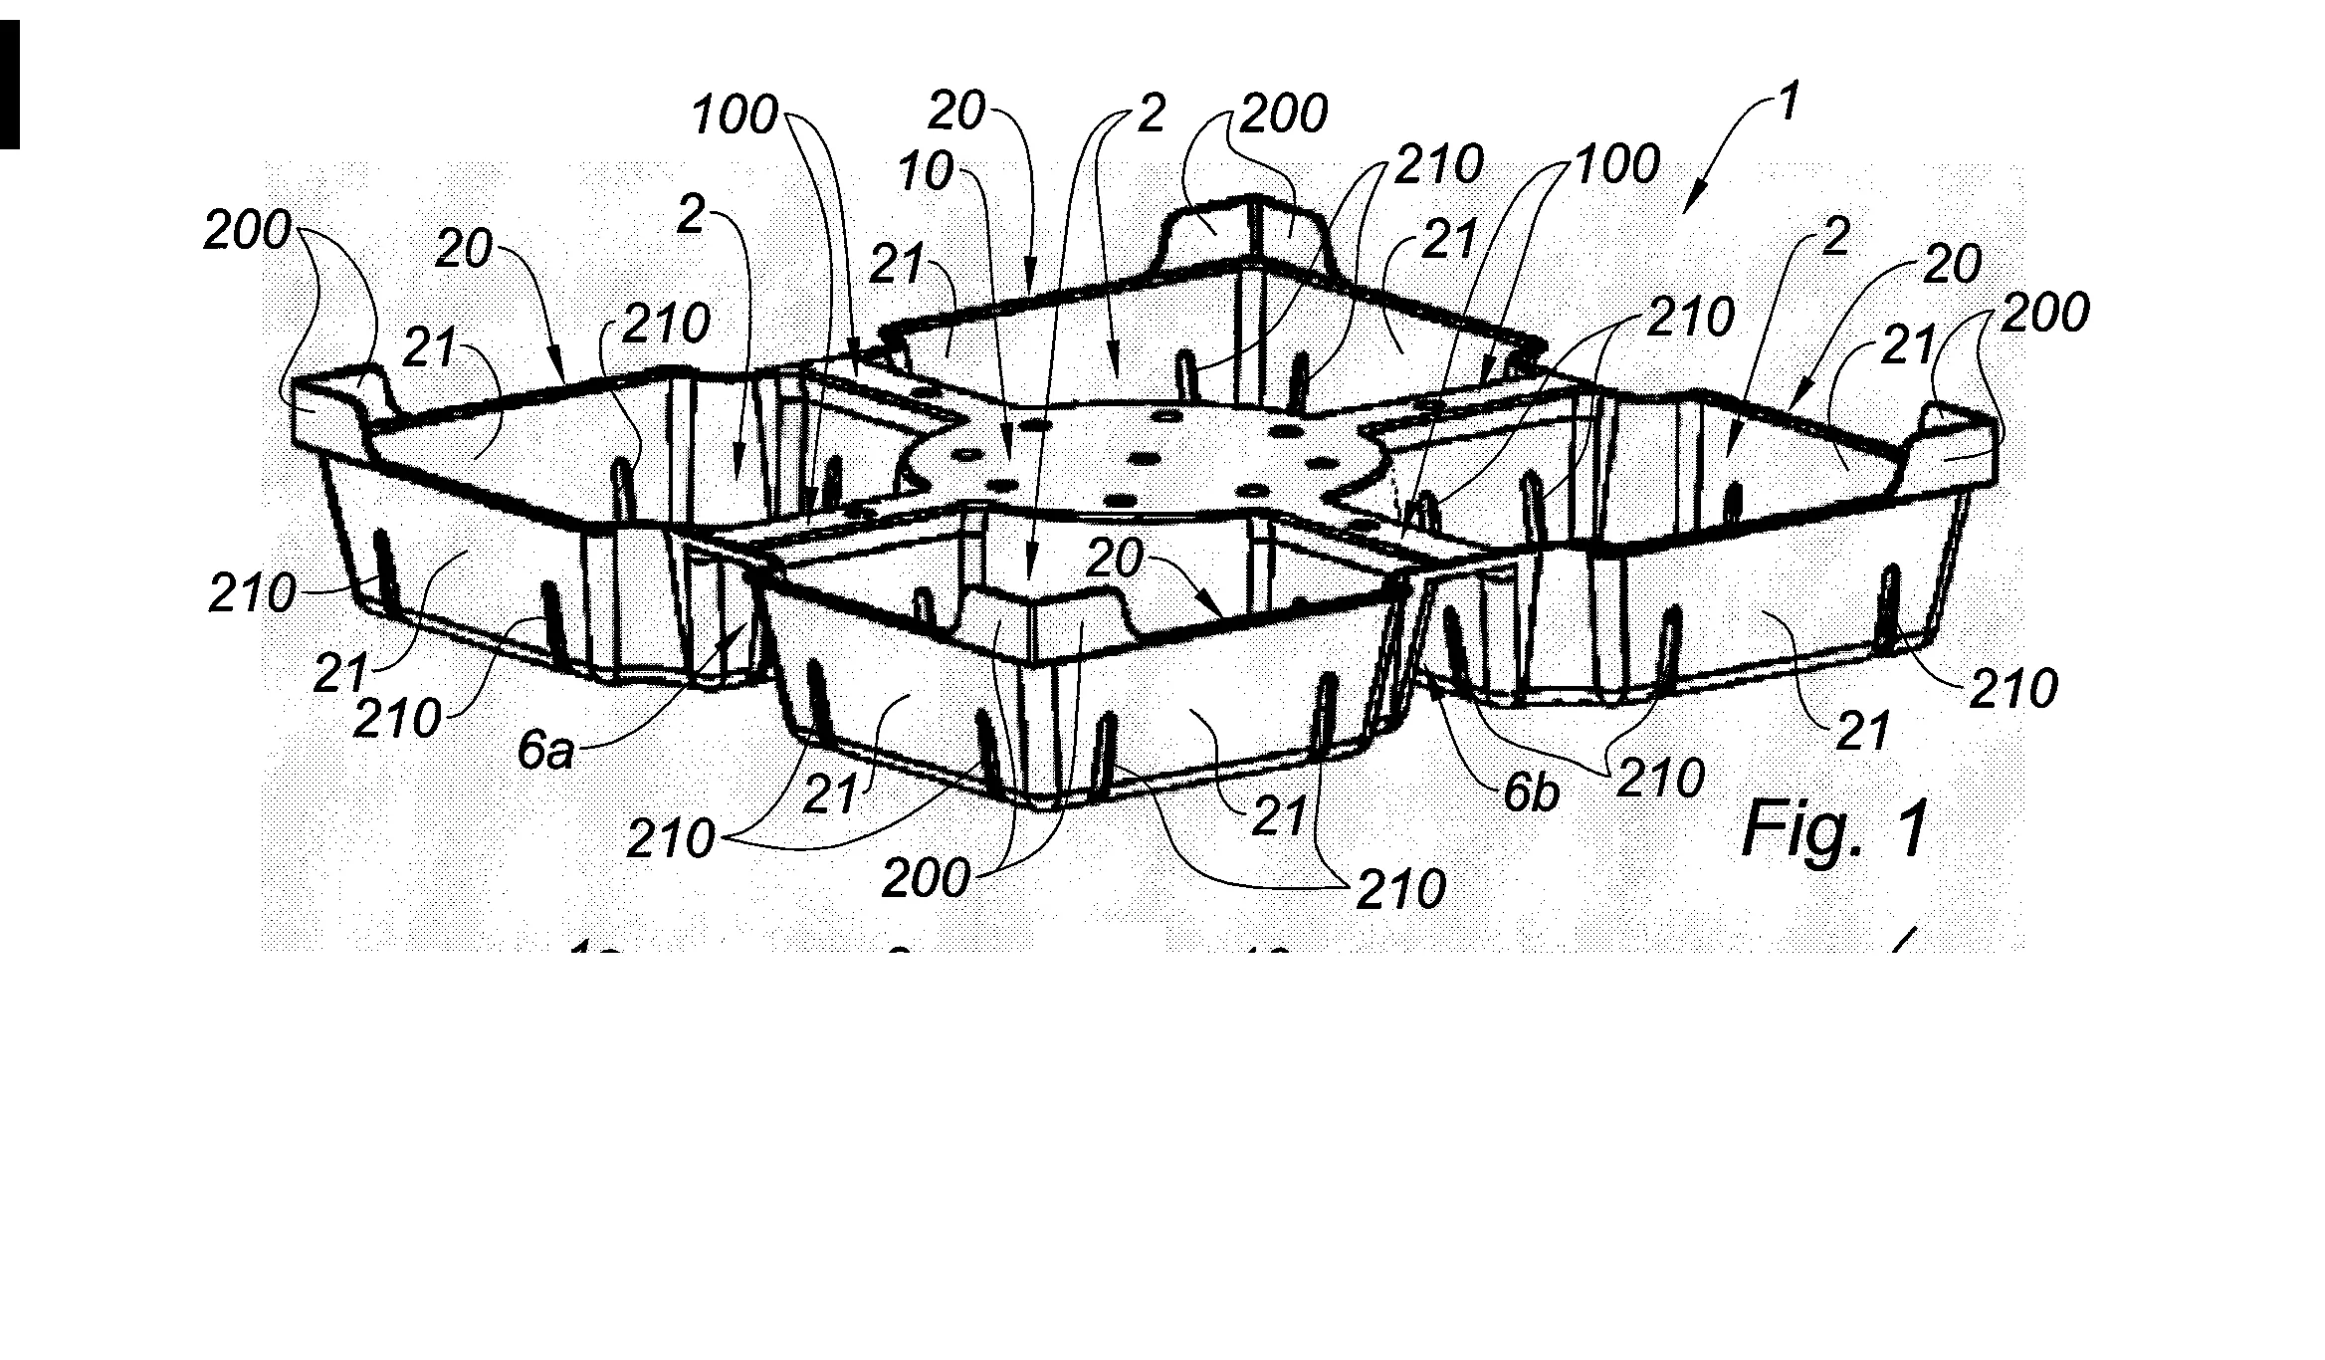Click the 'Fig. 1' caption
[1834, 829]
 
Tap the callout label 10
[926, 172]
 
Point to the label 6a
[545, 751]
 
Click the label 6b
[1530, 794]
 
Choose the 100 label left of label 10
[735, 116]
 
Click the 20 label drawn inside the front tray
[1114, 561]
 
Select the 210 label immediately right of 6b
[1660, 778]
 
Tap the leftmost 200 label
[247, 232]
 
